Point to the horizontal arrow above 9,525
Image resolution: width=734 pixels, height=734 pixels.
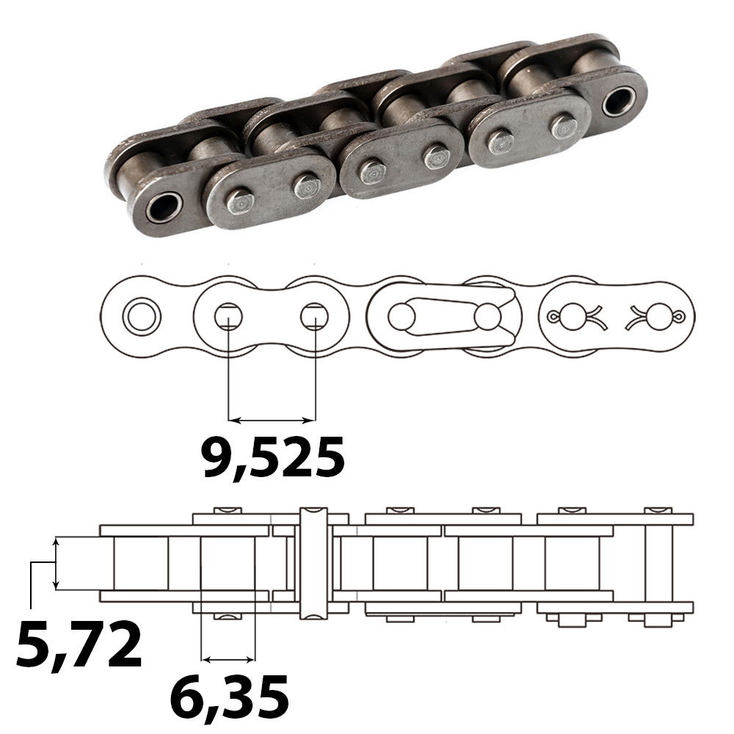(x=272, y=421)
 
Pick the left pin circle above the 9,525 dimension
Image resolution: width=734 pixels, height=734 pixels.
(x=228, y=317)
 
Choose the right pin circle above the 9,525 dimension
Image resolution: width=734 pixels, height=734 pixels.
(x=314, y=317)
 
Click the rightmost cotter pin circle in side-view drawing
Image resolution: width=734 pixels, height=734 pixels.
(x=659, y=317)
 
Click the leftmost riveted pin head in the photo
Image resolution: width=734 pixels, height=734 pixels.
(x=239, y=200)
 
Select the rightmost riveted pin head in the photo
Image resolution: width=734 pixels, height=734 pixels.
(x=564, y=126)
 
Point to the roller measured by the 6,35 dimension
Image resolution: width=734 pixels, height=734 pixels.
(x=228, y=563)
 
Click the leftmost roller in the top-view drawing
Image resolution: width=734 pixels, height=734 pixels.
(x=141, y=563)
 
